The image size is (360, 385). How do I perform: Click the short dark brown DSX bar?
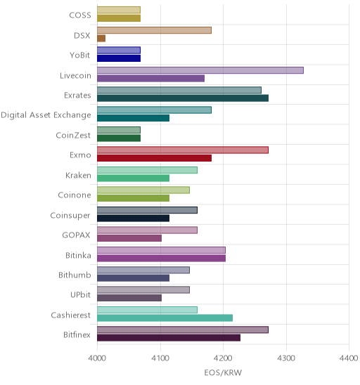click(101, 39)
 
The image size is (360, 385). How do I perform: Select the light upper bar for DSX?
click(154, 30)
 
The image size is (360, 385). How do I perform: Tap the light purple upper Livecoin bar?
click(200, 70)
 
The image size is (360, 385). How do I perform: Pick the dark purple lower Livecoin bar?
click(150, 78)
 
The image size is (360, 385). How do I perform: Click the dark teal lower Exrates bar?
click(183, 98)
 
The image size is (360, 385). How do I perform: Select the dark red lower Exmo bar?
click(154, 158)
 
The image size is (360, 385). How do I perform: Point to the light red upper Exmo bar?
click(183, 150)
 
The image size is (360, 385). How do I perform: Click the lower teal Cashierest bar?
click(165, 318)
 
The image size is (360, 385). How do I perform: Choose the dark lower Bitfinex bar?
click(169, 338)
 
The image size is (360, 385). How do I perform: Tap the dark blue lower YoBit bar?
click(119, 58)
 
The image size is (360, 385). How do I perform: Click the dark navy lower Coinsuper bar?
click(133, 218)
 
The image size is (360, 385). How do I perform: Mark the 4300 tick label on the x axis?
click(286, 358)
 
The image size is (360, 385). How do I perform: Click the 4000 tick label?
click(97, 358)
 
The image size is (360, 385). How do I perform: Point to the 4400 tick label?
click(349, 358)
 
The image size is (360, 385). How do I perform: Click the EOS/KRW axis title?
click(223, 373)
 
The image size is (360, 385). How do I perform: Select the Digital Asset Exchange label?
click(46, 115)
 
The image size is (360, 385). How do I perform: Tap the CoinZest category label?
click(73, 135)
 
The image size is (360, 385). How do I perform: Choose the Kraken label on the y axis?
click(78, 176)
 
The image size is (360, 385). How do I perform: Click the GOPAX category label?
click(76, 235)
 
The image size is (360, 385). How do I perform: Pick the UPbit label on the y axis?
click(80, 294)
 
